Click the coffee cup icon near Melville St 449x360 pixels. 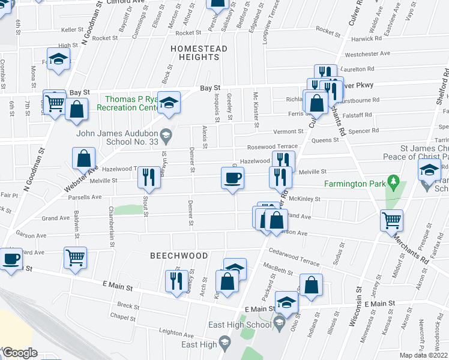[x=233, y=178]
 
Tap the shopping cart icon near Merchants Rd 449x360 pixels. [x=391, y=220]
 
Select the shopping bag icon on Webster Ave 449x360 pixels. [x=83, y=158]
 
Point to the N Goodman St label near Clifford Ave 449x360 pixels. [x=93, y=25]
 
